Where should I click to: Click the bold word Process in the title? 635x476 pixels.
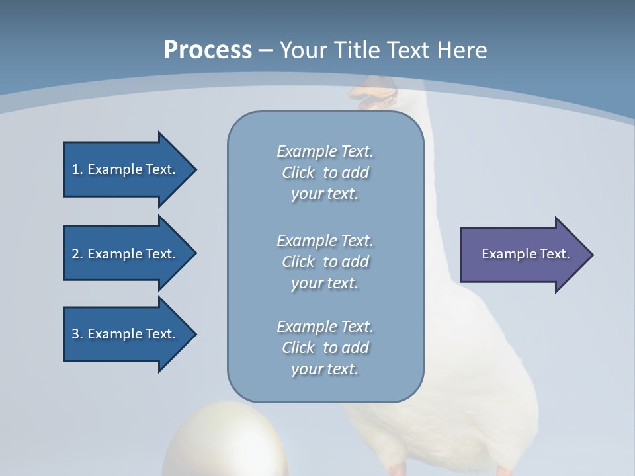click(208, 50)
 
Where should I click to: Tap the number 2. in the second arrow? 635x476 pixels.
click(77, 254)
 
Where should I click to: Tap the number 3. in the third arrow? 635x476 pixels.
click(77, 334)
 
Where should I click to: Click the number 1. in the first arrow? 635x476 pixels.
click(77, 169)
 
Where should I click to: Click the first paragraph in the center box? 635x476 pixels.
click(325, 173)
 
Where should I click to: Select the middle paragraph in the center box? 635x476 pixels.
click(325, 262)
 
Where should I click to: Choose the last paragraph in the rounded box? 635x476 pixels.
click(325, 348)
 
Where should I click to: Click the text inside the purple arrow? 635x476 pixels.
click(526, 254)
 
